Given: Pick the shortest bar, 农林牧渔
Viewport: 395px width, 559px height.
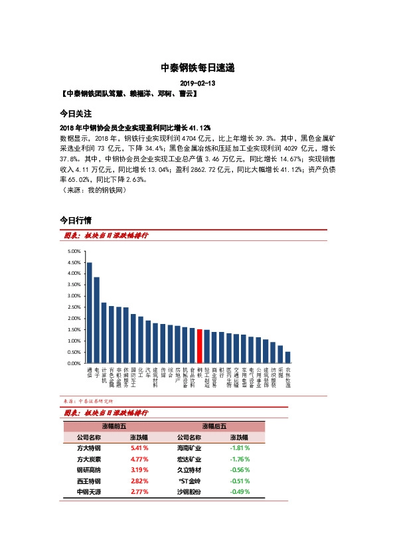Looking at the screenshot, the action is coord(287,357).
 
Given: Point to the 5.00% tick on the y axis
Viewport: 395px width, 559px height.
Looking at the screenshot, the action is coord(74,252).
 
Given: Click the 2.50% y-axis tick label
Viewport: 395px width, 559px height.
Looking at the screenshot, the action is coord(74,307).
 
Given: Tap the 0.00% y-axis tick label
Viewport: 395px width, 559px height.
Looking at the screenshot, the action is coord(74,364).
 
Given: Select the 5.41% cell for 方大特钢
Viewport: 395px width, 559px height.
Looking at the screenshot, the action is coord(139,448).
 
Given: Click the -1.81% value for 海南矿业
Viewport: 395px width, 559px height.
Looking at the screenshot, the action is coord(239,448).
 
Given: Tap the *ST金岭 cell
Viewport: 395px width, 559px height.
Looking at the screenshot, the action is coord(190,481).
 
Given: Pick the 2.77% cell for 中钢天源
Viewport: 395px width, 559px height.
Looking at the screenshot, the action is coord(139,492).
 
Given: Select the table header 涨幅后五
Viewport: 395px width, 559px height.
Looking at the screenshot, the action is coord(214,426).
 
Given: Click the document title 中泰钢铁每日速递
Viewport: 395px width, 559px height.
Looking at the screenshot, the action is coord(197,68).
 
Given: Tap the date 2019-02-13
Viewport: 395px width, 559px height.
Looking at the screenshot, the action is coord(197,83).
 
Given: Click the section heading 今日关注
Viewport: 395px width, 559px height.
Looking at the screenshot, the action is coord(76,114).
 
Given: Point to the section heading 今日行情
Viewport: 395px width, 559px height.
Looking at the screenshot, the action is coord(76,219).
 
